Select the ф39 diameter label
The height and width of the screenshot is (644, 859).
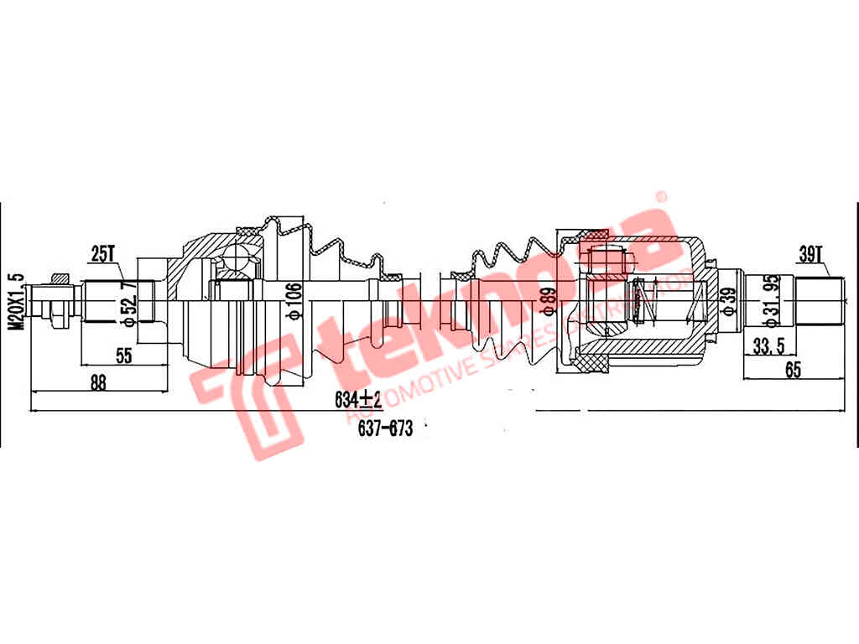tap(728, 299)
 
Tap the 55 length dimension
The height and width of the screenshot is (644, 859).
tap(124, 356)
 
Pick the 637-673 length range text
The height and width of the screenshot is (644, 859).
tap(385, 428)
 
